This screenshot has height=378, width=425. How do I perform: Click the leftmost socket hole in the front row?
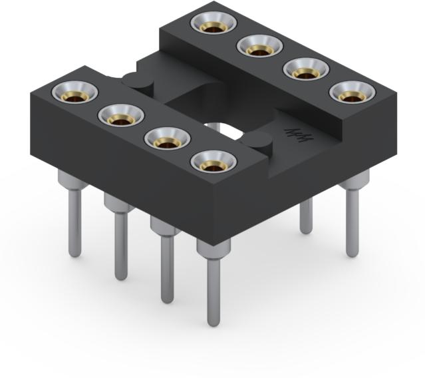[x=74, y=93]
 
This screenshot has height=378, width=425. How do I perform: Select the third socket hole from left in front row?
[x=167, y=140]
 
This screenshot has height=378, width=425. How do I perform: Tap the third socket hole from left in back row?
[x=305, y=70]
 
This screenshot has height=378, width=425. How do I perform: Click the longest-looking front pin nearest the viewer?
[x=213, y=286]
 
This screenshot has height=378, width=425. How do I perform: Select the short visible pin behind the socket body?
[x=306, y=216]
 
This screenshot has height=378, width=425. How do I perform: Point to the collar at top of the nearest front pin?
[x=213, y=249]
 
